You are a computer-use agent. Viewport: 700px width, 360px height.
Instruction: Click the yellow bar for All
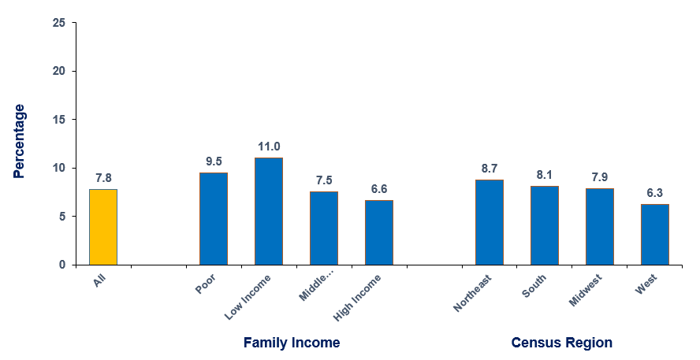click(103, 227)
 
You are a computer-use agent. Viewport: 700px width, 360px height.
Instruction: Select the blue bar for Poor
click(213, 218)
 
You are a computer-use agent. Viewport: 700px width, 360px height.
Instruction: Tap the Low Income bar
click(268, 211)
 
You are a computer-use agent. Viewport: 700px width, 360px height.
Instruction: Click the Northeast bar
click(489, 222)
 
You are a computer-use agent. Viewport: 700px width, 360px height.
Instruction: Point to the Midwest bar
click(599, 226)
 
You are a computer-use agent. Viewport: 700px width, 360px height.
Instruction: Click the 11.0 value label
click(269, 147)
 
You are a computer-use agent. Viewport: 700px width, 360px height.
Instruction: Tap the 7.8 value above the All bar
click(103, 178)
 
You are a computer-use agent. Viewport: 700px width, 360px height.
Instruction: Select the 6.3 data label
click(654, 192)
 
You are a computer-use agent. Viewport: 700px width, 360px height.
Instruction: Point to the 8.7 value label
click(489, 169)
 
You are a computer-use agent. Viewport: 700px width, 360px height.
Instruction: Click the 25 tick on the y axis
click(59, 23)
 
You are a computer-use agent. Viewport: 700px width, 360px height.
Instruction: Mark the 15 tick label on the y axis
click(59, 120)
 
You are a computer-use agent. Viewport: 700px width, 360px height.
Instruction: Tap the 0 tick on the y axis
click(62, 265)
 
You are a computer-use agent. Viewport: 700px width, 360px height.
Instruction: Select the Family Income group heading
click(292, 343)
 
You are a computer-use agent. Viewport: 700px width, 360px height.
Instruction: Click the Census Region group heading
click(561, 343)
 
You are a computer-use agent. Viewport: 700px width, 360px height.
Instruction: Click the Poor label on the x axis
click(206, 284)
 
